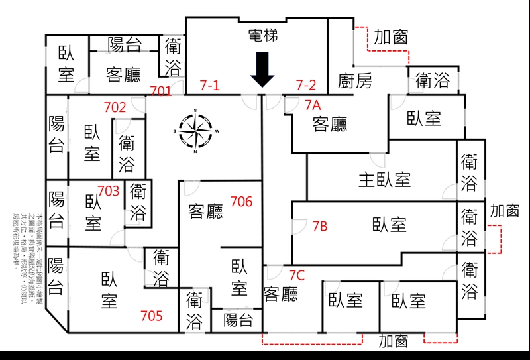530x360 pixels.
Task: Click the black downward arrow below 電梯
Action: (263, 70)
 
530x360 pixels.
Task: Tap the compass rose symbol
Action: (195, 131)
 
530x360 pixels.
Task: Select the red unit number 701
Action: (161, 91)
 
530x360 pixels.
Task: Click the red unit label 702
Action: (115, 107)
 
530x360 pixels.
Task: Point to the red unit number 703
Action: (109, 191)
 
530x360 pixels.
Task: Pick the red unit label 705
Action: (152, 316)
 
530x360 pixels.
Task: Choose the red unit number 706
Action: (241, 201)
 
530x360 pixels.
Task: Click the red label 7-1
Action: (210, 85)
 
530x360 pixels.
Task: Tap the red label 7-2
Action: (306, 85)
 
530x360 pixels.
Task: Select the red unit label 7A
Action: (313, 105)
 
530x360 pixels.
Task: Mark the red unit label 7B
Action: (319, 227)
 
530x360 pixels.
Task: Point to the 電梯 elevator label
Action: (262, 36)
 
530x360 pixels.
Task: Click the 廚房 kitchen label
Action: (355, 81)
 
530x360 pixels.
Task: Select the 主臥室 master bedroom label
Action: (385, 179)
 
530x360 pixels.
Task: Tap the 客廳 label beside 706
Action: (206, 211)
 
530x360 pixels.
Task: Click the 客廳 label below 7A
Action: (330, 124)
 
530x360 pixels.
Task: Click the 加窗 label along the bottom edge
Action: (393, 341)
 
